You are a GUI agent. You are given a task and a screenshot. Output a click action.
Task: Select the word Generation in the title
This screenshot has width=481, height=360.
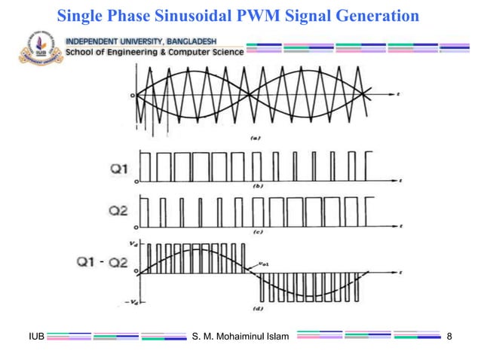(x=377, y=14)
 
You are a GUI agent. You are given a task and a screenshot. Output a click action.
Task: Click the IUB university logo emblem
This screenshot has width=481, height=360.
(x=33, y=47)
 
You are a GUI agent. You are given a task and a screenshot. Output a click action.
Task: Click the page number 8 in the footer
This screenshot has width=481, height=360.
(x=450, y=334)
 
